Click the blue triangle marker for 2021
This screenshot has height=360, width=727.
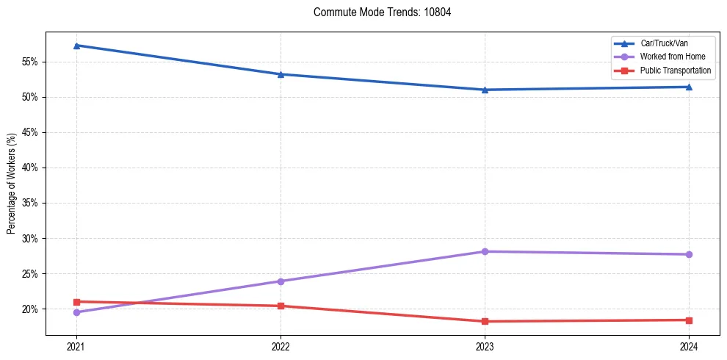(x=76, y=46)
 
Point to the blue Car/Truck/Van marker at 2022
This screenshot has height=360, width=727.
(x=281, y=74)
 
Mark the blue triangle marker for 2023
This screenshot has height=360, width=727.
(x=485, y=90)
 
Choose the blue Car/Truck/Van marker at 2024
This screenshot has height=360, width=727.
(x=689, y=87)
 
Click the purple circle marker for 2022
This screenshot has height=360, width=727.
(x=281, y=281)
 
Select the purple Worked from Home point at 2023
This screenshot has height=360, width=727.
(x=485, y=251)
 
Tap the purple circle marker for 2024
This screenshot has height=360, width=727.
(x=689, y=254)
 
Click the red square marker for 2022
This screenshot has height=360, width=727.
(x=281, y=306)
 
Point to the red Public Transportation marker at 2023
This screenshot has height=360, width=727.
(x=485, y=321)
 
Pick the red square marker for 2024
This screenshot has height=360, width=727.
(x=689, y=320)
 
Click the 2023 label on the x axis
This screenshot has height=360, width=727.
(x=485, y=346)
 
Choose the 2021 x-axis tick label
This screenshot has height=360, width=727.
(x=76, y=346)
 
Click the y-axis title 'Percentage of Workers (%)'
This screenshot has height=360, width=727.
(x=11, y=184)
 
